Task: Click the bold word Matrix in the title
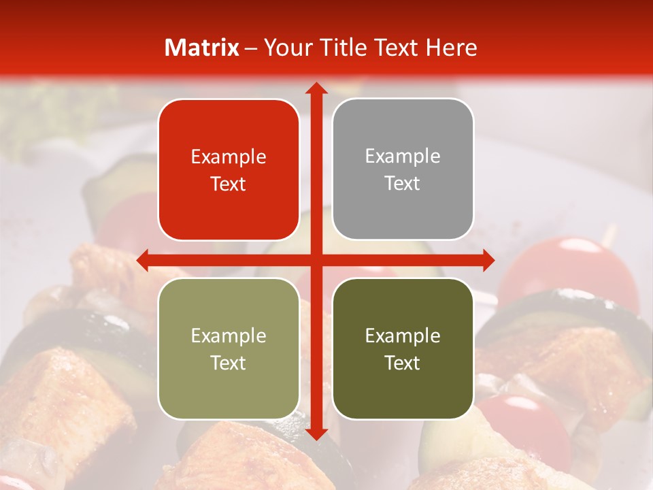[x=202, y=48]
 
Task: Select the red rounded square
[x=229, y=169]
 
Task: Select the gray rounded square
[x=403, y=169]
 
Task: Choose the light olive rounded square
[x=229, y=348]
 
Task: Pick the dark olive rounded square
[x=403, y=348]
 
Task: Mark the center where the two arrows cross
[x=316, y=260]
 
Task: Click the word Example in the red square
[x=229, y=157]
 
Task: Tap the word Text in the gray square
[x=403, y=184]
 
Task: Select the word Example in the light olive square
[x=229, y=336]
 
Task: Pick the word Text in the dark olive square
[x=403, y=363]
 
